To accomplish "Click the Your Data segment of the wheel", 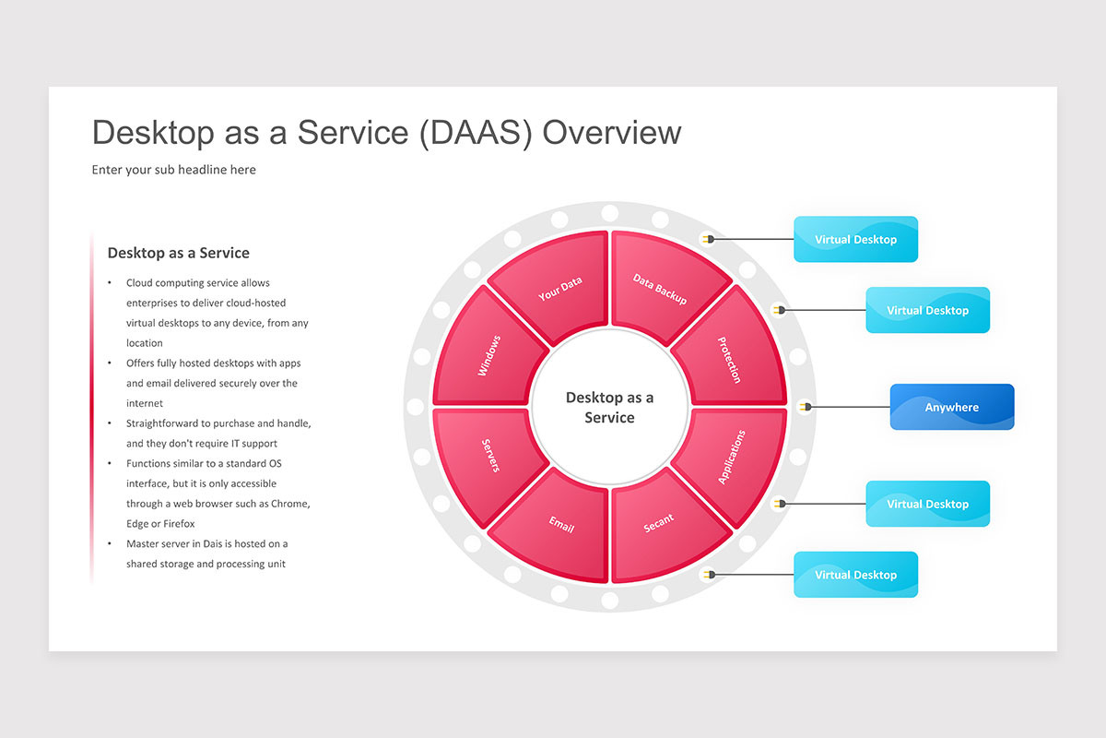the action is click(x=556, y=287).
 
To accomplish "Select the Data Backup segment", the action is click(x=665, y=287).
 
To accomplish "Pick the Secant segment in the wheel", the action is click(x=665, y=527).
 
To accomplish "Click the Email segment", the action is click(x=556, y=527).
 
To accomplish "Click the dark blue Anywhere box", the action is click(x=952, y=407).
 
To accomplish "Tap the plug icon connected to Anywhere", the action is click(x=806, y=407).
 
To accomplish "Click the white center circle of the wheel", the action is click(x=610, y=407).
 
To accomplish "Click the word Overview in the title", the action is click(x=612, y=133).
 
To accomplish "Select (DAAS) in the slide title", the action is click(x=476, y=134).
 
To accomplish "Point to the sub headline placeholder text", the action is click(x=174, y=170).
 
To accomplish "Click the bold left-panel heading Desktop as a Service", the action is click(x=178, y=253).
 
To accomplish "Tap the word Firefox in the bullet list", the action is click(x=179, y=523).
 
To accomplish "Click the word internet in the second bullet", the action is click(x=144, y=403).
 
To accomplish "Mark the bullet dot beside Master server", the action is click(x=110, y=543).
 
